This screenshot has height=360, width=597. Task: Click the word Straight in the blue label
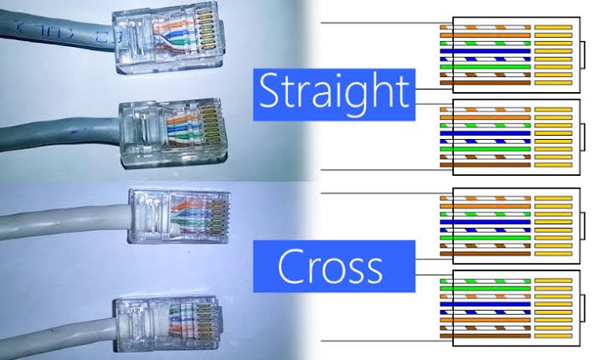click(334, 91)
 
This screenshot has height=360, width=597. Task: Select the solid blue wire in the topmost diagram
click(485, 51)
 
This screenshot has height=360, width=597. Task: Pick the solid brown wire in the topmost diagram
click(485, 83)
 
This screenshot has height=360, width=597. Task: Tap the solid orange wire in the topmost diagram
click(485, 35)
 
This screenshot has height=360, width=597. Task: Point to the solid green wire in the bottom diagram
click(485, 289)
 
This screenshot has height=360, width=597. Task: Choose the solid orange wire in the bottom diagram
click(485, 320)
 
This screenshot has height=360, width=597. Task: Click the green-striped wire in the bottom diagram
click(485, 280)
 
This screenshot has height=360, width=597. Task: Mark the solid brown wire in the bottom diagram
click(485, 336)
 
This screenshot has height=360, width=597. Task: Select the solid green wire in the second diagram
click(485, 149)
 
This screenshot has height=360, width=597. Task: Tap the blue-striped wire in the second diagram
click(485, 141)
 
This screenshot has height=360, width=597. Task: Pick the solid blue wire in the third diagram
click(485, 222)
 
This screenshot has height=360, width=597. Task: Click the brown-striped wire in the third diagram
click(485, 246)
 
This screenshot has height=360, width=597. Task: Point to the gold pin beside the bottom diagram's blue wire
click(553, 305)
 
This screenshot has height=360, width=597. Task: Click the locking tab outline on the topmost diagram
click(582, 54)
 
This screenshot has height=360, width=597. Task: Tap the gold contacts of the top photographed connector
click(206, 30)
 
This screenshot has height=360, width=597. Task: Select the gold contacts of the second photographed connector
click(210, 126)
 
